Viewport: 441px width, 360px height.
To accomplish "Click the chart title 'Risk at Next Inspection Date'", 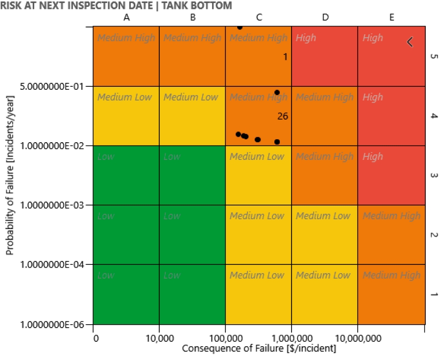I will tap(116, 5).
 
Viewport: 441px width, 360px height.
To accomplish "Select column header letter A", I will tap(126, 17).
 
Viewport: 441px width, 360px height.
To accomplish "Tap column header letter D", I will tap(325, 17).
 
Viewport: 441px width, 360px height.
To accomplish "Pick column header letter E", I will tap(392, 17).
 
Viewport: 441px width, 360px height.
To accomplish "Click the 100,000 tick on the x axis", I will tap(225, 339).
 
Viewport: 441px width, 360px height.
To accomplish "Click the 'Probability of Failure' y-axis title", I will tap(9, 175).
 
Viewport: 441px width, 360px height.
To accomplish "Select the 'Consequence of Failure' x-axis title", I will tap(259, 349).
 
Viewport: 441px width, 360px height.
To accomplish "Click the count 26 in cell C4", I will tap(282, 116).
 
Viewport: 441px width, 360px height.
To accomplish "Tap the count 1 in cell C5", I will tap(285, 57).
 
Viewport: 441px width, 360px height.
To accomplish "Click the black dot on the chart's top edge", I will tap(240, 27).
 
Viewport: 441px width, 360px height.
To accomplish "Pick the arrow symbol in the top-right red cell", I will tap(410, 42).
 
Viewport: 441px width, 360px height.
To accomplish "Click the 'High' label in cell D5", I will tap(306, 38).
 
